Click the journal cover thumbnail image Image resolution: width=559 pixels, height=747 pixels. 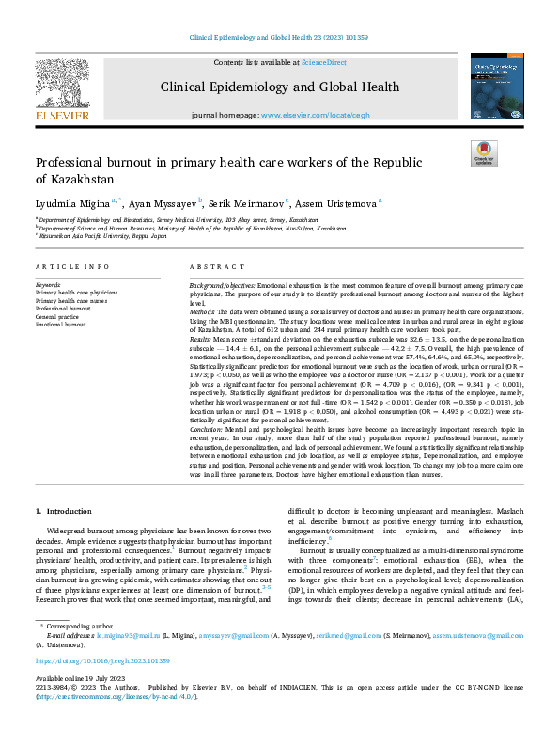coord(496,87)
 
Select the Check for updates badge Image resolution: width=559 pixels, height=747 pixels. coord(485,154)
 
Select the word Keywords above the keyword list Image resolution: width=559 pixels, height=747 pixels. coord(48,284)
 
